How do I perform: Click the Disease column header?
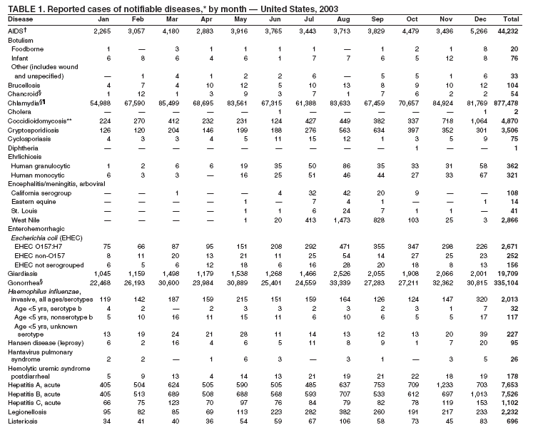(21, 19)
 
